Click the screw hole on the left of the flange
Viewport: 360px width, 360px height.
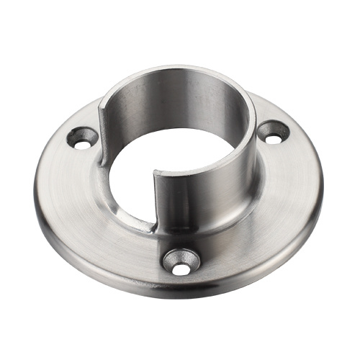(x=83, y=138)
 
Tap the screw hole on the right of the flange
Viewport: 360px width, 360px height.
(x=274, y=132)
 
